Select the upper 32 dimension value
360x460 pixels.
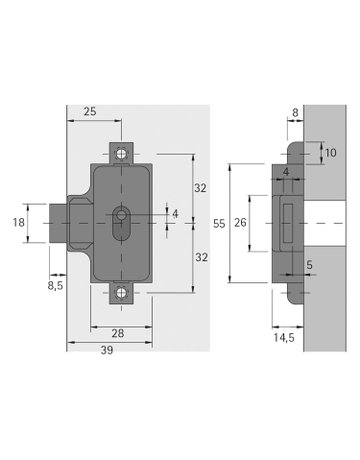(199, 187)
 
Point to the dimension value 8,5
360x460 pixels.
(56, 285)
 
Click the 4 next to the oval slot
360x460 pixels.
(174, 213)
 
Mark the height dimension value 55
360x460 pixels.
(219, 226)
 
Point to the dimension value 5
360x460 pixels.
(309, 265)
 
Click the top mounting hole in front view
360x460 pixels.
(122, 154)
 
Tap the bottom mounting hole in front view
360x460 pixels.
(122, 292)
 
